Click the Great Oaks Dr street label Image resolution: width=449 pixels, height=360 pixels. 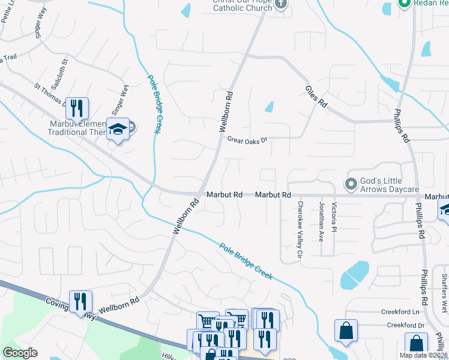pos(246,140)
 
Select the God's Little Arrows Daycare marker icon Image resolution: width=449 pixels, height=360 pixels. pos(351,183)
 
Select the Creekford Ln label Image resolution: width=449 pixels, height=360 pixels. pos(400,312)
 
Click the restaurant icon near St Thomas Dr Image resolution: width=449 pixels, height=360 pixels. pos(77,109)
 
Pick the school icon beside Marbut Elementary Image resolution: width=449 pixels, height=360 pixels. pos(118,129)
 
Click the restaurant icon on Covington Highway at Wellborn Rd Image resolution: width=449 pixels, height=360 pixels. pos(80,301)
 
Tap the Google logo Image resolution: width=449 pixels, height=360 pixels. pos(20,353)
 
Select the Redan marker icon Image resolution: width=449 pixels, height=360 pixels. pos(404,3)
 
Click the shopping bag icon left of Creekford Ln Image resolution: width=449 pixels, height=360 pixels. pos(346,330)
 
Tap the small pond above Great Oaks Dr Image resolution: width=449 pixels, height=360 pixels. pos(270,107)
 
